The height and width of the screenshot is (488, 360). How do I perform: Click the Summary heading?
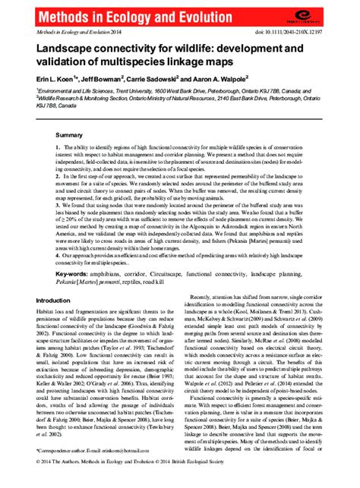pyautogui.click(x=68, y=134)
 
